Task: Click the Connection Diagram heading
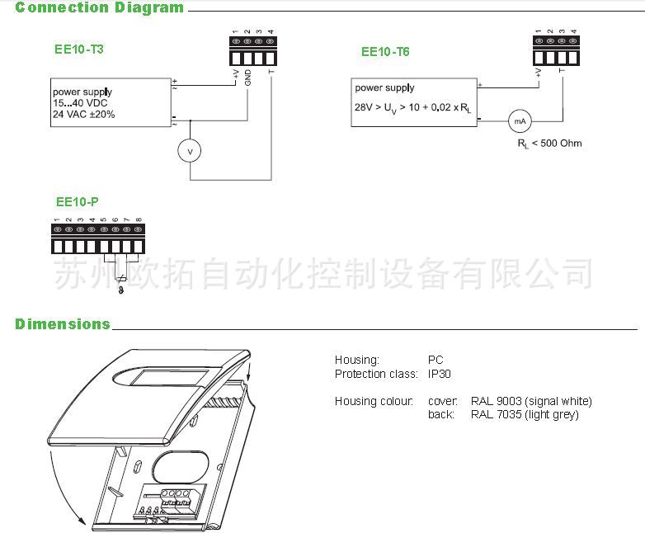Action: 100,8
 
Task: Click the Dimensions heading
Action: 63,324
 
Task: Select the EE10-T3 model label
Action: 79,49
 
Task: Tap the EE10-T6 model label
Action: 385,51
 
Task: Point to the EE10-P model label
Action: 78,201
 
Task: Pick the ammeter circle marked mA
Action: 520,120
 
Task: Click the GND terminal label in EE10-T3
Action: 247,80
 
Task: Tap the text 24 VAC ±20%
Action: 84,115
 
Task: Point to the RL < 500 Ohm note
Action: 549,144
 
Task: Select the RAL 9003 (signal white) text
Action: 531,402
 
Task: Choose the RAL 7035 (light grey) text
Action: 525,414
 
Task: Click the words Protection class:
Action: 376,374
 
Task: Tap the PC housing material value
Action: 435,361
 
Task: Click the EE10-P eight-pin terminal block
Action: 98,238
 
